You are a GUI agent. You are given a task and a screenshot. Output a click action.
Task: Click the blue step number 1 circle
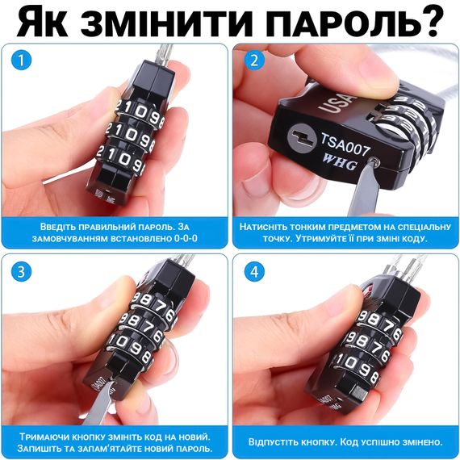(x=21, y=61)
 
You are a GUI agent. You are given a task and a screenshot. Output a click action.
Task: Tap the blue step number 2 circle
(x=254, y=61)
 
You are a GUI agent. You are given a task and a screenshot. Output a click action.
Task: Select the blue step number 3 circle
(x=21, y=272)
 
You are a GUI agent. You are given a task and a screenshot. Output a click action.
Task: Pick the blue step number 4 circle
(x=254, y=272)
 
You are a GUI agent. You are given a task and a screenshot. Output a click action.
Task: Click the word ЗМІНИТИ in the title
(x=166, y=23)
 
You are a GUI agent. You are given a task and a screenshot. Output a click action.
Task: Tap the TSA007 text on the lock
(x=345, y=144)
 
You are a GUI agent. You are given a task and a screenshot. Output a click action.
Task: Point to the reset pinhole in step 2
(x=374, y=161)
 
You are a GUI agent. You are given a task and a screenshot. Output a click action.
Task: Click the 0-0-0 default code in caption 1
(x=186, y=238)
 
